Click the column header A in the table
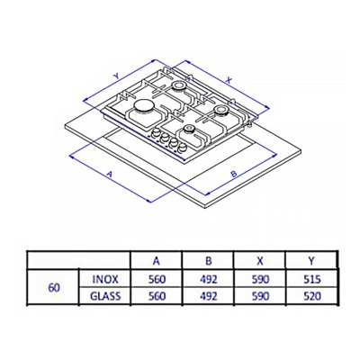(157, 261)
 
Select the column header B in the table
(209, 261)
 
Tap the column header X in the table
(260, 261)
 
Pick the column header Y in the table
(311, 261)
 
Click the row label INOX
(105, 280)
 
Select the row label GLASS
(105, 296)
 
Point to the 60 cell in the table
(54, 288)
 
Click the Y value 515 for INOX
(312, 280)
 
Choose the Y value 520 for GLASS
(312, 296)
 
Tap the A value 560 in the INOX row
(157, 280)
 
